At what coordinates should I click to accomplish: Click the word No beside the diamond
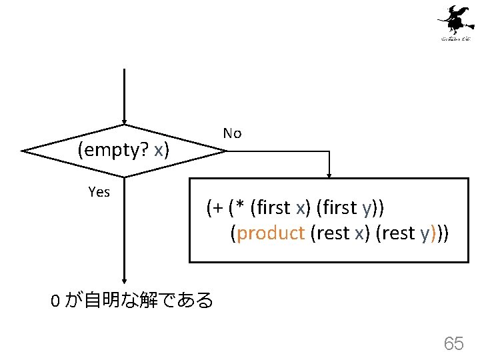click(232, 133)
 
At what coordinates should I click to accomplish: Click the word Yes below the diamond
click(99, 192)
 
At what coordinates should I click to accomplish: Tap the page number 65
click(453, 343)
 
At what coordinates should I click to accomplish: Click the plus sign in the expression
click(218, 208)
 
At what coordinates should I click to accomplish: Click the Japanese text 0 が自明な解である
click(132, 301)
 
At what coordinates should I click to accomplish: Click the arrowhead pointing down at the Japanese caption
click(124, 282)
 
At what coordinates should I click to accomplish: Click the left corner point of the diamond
click(23, 151)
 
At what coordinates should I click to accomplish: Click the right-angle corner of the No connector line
click(329, 151)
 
